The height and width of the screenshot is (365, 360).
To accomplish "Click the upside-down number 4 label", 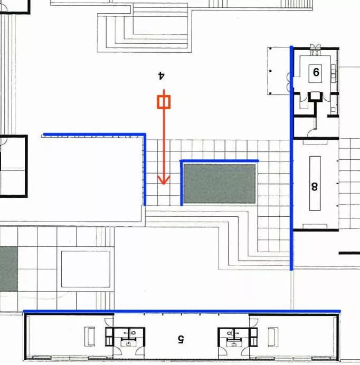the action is tap(162, 75).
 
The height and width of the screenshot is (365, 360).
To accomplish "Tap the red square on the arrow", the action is tap(164, 102).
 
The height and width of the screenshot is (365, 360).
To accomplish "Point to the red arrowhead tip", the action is tap(164, 185).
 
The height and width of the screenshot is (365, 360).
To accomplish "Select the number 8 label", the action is tap(314, 186).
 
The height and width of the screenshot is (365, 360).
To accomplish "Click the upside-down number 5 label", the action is tap(181, 339).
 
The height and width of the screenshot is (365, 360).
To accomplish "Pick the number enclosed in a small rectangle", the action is tap(316, 72).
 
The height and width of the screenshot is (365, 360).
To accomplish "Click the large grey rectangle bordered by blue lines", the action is tap(219, 184).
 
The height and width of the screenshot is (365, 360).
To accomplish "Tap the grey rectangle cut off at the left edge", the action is tap(8, 269).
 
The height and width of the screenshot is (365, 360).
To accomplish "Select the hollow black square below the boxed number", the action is tap(315, 97).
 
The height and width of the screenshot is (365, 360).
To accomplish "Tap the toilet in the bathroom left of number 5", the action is tap(133, 333).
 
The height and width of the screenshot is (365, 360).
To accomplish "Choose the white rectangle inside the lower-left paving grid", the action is tap(86, 269).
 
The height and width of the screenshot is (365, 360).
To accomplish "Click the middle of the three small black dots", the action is tap(270, 71).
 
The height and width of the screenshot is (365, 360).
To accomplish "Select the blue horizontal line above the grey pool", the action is tap(219, 161).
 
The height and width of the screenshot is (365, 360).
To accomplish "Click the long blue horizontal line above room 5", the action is tap(182, 311).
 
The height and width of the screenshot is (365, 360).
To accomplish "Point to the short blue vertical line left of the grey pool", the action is tap(182, 183).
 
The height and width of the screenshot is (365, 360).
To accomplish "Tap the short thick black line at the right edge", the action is tap(349, 253).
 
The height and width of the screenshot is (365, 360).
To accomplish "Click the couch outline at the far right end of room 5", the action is tap(273, 337).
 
